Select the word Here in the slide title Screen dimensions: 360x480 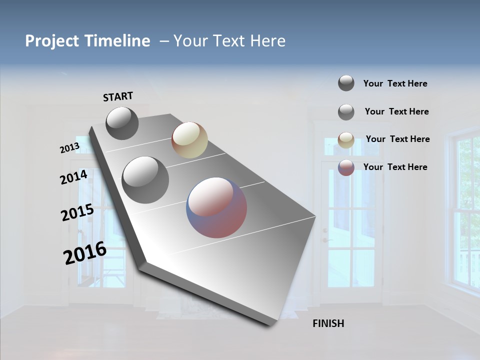[x=267, y=41]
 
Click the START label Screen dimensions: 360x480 [x=118, y=96]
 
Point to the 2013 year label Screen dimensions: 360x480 [x=69, y=148]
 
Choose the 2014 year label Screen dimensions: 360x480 [x=73, y=177]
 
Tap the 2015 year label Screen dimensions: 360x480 [x=77, y=212]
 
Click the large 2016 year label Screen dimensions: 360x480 [x=85, y=252]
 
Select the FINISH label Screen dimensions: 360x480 [x=328, y=323]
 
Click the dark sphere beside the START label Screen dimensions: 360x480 [x=122, y=123]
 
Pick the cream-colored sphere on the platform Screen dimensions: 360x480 [x=189, y=140]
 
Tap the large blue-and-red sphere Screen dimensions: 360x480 [x=216, y=207]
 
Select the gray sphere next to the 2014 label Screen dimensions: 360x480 [x=145, y=180]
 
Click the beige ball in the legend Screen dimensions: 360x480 [x=346, y=140]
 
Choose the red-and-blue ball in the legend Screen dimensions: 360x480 [x=346, y=168]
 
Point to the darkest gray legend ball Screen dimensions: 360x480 [x=346, y=83]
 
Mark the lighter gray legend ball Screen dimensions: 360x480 [x=346, y=112]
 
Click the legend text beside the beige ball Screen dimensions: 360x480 [x=397, y=139]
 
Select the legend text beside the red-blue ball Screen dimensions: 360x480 [x=395, y=167]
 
